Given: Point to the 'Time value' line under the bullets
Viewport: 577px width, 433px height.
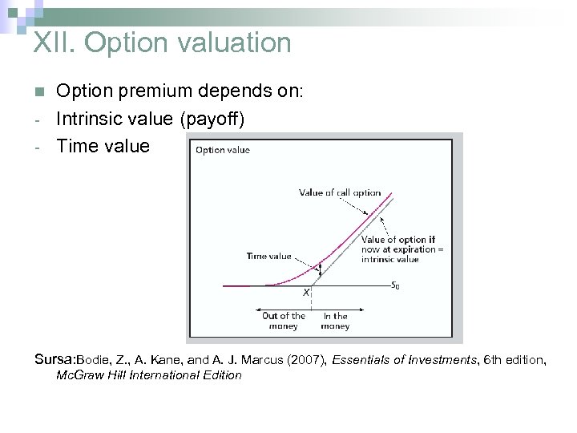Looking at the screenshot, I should click(103, 146).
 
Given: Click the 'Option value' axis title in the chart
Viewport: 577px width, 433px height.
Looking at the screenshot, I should click(223, 150).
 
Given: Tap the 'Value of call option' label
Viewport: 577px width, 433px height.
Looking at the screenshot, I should click(340, 192).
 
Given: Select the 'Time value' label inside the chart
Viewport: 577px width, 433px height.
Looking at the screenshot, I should click(268, 257).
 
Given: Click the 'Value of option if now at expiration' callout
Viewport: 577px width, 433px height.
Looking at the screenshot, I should click(401, 249).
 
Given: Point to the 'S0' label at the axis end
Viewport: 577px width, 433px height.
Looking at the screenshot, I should click(396, 285).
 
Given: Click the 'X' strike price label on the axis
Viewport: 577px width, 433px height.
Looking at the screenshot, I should click(306, 293).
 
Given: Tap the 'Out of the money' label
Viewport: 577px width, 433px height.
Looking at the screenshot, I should click(284, 321).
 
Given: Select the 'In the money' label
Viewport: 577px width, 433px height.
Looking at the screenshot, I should click(336, 321).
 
